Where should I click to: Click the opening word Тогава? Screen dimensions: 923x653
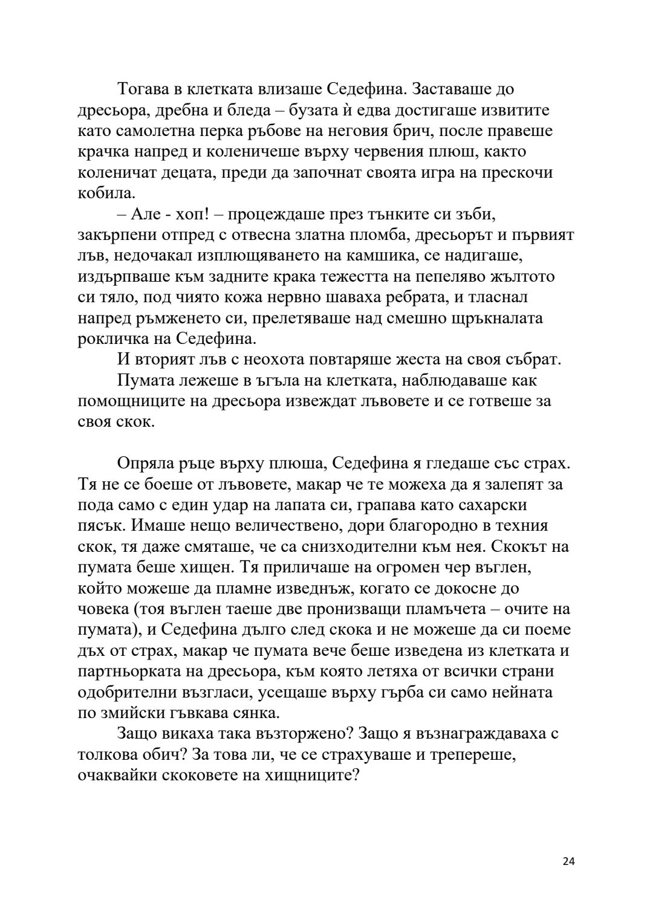coord(141,89)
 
